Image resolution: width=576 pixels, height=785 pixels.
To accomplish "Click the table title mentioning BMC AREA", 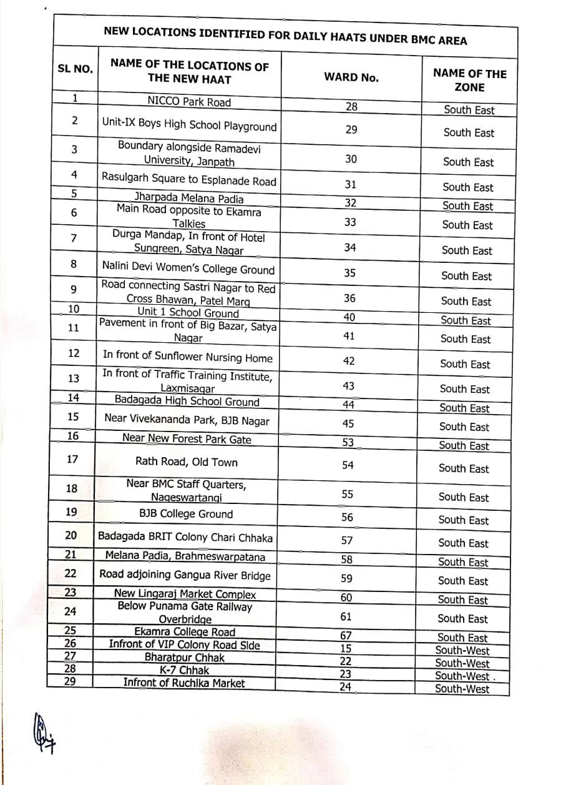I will point(285,37).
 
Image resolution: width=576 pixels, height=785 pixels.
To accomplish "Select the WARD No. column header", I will point(351,77).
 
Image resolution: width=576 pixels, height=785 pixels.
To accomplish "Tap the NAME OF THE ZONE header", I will point(469,81).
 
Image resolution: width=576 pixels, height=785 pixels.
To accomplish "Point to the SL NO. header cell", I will point(75,69).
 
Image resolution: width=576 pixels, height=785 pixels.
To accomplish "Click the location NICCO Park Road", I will point(189,102).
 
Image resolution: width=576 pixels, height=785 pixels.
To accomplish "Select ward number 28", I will point(351,106).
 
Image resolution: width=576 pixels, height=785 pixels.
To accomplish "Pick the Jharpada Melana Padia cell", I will point(188,199).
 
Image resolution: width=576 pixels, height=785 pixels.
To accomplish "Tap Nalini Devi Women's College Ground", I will point(188,269).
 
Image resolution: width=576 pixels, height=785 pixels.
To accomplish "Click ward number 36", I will point(350,299).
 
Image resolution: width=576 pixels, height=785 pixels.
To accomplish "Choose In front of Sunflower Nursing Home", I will point(187,358).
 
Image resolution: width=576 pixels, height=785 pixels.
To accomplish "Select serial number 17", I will point(72,459).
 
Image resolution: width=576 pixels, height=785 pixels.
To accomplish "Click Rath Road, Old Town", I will point(187,462).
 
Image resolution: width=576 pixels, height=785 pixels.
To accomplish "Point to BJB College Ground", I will point(186,514).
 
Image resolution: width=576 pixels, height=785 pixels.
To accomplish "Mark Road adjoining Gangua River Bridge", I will point(185,575).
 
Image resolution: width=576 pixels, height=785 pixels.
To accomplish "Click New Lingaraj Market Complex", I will point(185,594).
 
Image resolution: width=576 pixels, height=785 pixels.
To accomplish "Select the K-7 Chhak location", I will point(184,670).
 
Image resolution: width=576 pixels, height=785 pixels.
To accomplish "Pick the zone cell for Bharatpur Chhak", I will point(462,663).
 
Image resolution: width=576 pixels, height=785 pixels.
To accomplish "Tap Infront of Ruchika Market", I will point(184,683).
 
